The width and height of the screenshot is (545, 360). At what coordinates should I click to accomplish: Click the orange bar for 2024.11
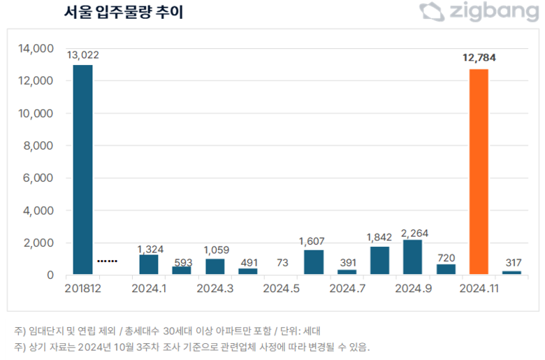click(x=479, y=171)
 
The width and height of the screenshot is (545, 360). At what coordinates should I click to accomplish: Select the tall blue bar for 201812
click(x=82, y=169)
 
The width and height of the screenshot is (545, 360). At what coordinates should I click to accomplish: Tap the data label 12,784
click(x=479, y=57)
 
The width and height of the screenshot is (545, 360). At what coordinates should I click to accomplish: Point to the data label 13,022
click(x=82, y=54)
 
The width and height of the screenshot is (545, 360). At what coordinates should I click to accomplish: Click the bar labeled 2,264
click(x=412, y=257)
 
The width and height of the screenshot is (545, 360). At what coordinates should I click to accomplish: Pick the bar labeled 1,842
click(x=379, y=260)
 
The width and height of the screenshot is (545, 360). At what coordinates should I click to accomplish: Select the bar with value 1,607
click(x=314, y=262)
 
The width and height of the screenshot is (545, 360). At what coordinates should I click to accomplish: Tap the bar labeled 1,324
click(x=149, y=264)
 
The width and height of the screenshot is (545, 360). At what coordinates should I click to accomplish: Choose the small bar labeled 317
click(x=511, y=272)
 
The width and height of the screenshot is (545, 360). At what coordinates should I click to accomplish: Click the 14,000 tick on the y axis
click(x=36, y=49)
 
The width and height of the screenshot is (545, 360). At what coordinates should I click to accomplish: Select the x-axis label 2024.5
click(x=281, y=287)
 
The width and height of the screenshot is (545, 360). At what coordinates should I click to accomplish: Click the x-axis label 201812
click(x=82, y=287)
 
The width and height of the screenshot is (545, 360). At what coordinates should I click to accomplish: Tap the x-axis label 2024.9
click(x=412, y=287)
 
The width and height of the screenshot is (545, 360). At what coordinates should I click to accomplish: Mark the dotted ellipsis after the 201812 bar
click(x=107, y=261)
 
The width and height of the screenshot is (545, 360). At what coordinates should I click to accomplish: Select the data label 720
click(x=446, y=258)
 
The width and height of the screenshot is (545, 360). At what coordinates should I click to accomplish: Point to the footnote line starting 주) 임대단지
click(x=167, y=330)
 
